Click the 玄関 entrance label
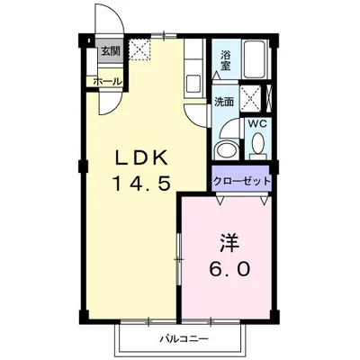click(x=110, y=50)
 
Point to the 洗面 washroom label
click(x=224, y=102)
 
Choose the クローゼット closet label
click(x=242, y=181)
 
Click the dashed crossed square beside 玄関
click(x=139, y=50)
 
